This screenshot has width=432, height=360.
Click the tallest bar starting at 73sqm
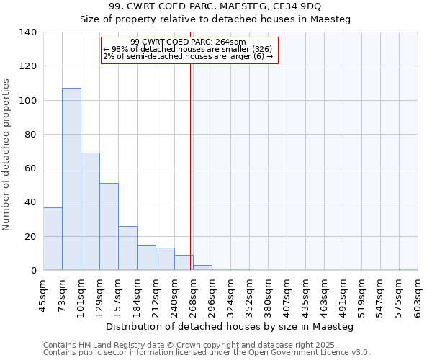click(71, 179)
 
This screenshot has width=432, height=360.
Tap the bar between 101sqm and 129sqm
click(90, 212)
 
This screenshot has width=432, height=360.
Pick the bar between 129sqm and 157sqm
click(109, 227)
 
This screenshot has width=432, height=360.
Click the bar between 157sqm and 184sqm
click(127, 248)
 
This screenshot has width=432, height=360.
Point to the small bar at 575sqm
click(408, 269)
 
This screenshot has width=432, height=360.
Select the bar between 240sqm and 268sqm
click(184, 263)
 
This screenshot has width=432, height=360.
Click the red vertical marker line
click(191, 166)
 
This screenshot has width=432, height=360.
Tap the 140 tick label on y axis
click(28, 32)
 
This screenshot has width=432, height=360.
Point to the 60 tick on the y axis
click(31, 168)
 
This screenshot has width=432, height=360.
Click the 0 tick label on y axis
click(34, 271)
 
